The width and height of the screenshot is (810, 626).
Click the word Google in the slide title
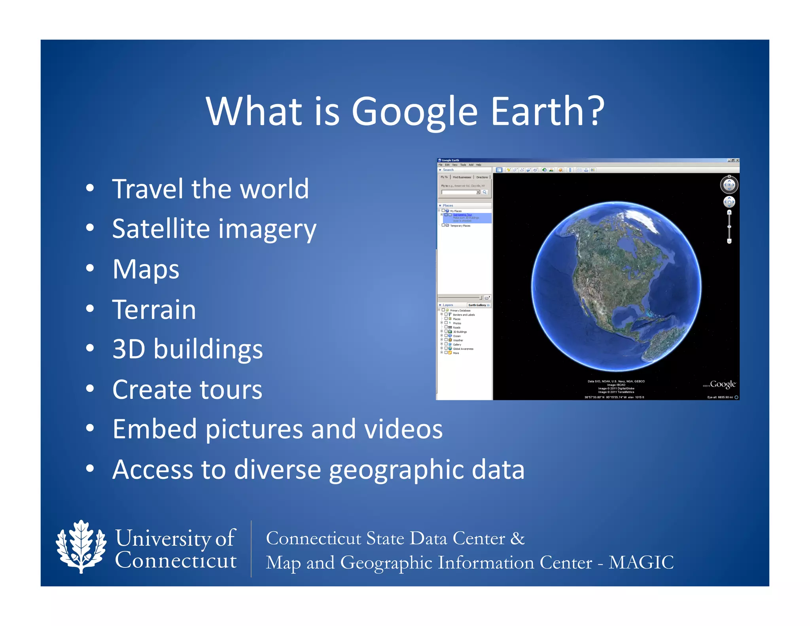[414, 112]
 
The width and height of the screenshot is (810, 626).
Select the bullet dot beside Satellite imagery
[90, 228]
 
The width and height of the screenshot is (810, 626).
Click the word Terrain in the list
[154, 309]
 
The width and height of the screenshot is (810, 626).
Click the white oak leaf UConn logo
[81, 546]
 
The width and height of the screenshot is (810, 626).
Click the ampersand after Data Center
[517, 538]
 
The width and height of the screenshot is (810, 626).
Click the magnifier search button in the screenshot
[484, 192]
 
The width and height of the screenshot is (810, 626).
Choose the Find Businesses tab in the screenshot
[462, 177]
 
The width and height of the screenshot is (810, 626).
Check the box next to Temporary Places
[443, 225]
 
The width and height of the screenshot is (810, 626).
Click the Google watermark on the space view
[723, 384]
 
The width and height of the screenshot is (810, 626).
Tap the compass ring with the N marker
[729, 184]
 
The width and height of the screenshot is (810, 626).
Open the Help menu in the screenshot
[479, 165]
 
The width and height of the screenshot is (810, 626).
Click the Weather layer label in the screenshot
[458, 340]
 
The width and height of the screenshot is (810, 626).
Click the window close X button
[737, 160]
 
